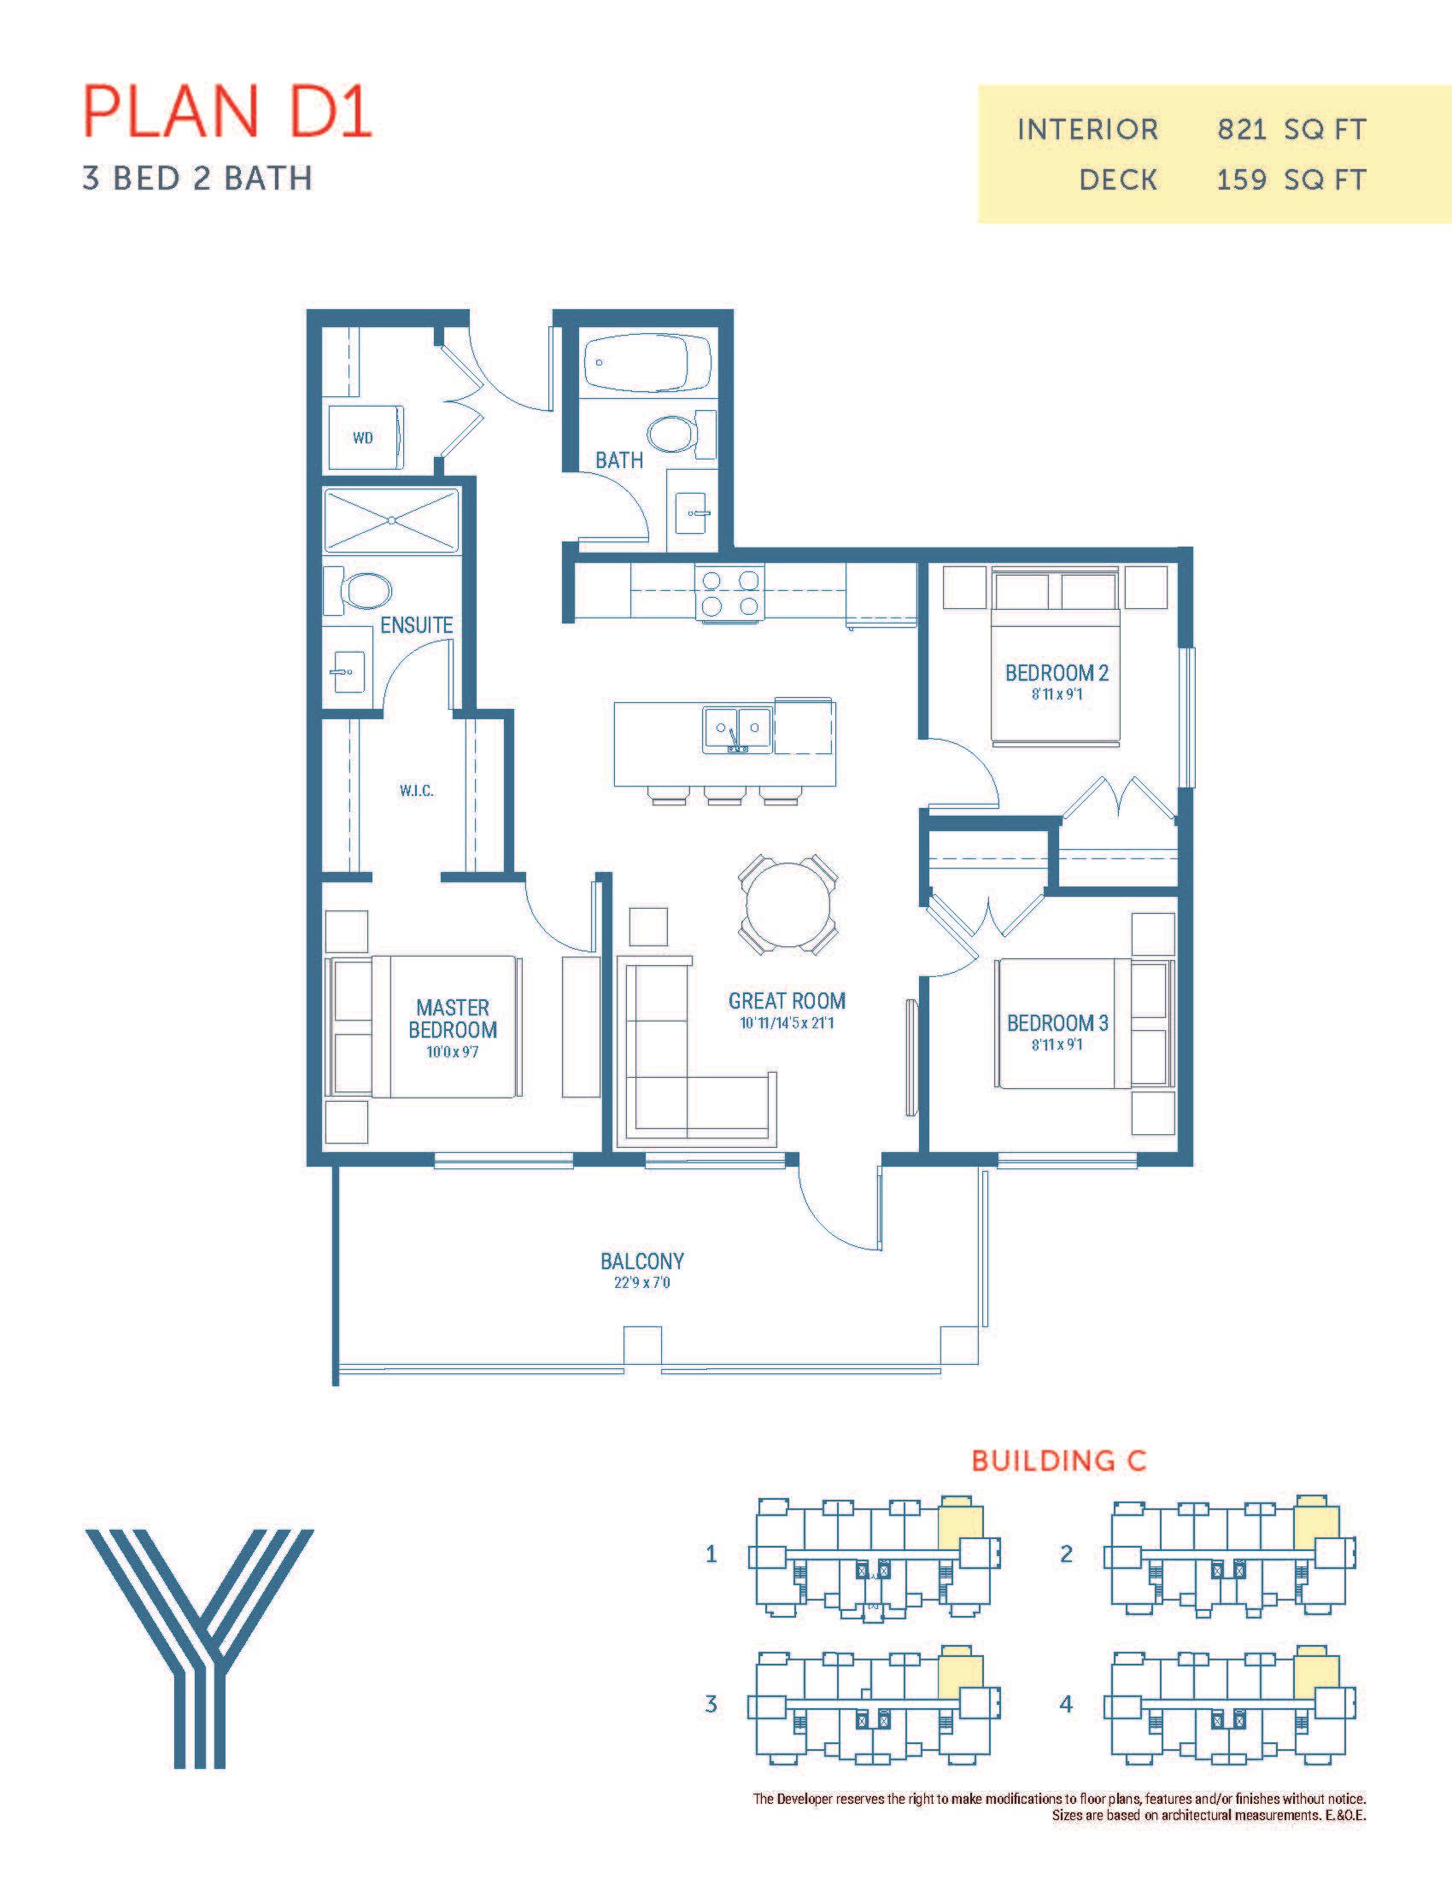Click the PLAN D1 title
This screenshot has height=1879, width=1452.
[x=227, y=111]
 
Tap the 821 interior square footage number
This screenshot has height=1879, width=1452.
[x=1242, y=130]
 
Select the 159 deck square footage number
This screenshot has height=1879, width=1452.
[x=1241, y=180]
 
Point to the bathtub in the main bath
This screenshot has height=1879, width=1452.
[x=647, y=363]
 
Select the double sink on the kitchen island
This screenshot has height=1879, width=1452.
[x=736, y=729]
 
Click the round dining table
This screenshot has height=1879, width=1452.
[x=788, y=904]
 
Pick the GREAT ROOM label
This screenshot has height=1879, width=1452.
[x=787, y=1001]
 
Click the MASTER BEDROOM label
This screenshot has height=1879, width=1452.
[x=453, y=1019]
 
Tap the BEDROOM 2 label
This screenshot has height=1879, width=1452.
[x=1057, y=673]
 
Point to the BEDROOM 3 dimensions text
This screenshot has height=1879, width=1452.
[x=1057, y=1045]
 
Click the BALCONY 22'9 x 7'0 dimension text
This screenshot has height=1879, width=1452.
[x=641, y=1283]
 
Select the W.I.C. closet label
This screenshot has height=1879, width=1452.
[x=416, y=791]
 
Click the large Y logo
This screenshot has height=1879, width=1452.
[x=200, y=1648]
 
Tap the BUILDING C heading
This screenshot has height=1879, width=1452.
[x=1059, y=1460]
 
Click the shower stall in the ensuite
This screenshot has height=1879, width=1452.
[x=391, y=519]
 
